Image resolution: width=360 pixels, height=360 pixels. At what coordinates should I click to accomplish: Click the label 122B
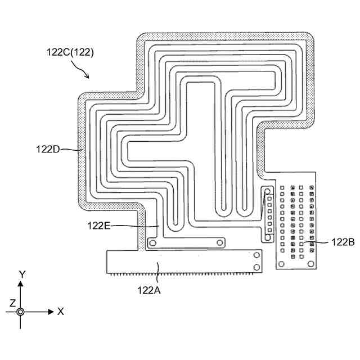tap(342, 242)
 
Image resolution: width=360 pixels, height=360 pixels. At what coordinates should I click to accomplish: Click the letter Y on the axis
tap(22, 274)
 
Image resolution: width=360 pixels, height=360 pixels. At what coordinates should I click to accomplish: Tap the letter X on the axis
tap(61, 311)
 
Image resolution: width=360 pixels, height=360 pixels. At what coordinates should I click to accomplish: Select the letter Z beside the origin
tap(12, 303)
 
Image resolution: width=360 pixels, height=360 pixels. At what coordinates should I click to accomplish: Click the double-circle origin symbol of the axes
tap(21, 311)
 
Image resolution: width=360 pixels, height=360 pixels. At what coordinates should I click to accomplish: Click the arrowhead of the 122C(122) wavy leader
tap(88, 76)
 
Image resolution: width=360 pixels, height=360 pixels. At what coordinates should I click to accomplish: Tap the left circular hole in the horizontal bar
tap(151, 243)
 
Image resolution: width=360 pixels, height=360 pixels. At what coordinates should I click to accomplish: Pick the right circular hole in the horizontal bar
tap(220, 243)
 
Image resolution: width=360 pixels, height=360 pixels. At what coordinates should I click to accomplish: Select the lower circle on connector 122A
tap(256, 267)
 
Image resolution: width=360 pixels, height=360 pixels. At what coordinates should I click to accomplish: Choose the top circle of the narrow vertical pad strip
tap(267, 192)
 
